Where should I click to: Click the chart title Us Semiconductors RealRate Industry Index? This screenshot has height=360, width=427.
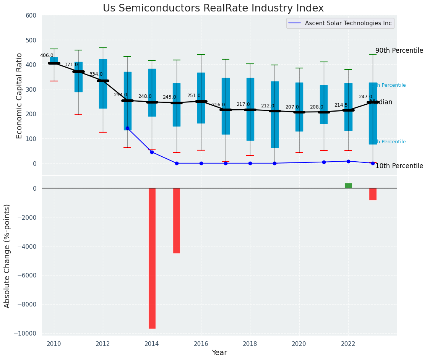click(213, 8)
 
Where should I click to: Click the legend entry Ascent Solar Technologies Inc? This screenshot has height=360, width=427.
click(348, 23)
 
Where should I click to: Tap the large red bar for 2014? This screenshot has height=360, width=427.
click(152, 258)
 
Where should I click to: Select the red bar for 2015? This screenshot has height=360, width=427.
click(176, 221)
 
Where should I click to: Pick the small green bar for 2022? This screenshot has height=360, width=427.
click(348, 186)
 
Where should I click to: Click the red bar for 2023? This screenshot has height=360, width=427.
click(373, 194)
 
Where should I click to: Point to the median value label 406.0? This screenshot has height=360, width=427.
click(47, 55)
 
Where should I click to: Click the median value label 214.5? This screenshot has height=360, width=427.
click(341, 105)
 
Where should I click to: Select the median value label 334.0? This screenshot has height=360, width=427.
click(96, 74)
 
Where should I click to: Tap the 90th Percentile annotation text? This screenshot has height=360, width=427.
click(399, 51)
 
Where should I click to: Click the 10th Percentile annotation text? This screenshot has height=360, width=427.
click(399, 166)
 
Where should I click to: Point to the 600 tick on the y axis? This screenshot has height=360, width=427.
click(31, 16)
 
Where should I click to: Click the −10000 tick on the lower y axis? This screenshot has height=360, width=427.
click(24, 334)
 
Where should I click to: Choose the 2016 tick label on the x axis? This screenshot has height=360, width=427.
click(201, 344)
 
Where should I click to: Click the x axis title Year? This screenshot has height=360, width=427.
click(219, 353)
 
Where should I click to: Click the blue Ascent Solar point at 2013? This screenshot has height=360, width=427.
click(127, 128)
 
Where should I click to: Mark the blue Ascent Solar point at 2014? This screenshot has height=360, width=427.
click(152, 152)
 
